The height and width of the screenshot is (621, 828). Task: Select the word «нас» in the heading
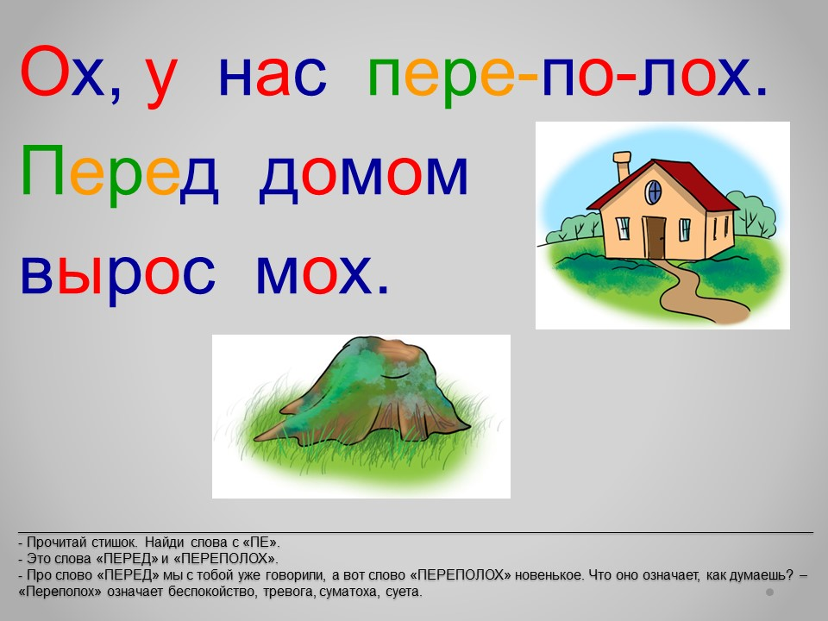(x=273, y=78)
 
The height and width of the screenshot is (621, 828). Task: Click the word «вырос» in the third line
(x=118, y=274)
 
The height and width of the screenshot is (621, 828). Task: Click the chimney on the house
(x=622, y=166)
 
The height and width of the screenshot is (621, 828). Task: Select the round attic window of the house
(x=654, y=191)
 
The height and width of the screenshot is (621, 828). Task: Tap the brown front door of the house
(x=655, y=238)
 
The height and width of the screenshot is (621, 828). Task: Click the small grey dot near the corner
(x=770, y=592)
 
